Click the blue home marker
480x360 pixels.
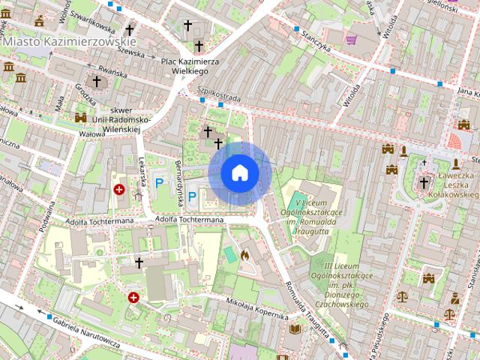(240, 173)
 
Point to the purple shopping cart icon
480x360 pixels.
(352, 38)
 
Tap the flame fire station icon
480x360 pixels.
(244, 255)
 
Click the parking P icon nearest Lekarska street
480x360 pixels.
(159, 181)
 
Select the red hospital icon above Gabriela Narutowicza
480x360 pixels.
(133, 298)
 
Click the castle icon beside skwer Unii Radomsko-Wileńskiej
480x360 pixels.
(81, 117)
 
